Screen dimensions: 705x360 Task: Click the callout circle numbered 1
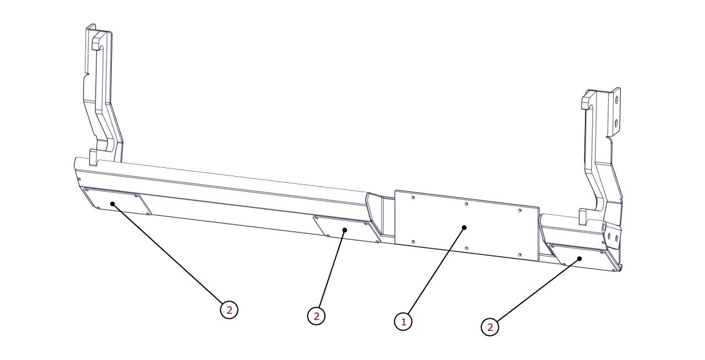point(403,321)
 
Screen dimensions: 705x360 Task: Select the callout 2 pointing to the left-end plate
point(229,310)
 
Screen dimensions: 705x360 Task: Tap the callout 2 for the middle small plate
point(316,315)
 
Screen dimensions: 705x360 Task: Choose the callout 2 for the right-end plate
point(490,328)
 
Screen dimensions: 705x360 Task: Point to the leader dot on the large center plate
point(464,227)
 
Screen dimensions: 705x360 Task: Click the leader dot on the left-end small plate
point(112,204)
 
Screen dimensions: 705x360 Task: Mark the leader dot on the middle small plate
point(345,230)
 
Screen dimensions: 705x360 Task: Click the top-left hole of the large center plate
point(413,198)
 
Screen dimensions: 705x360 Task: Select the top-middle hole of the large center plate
point(466,204)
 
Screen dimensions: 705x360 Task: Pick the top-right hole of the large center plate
point(519,210)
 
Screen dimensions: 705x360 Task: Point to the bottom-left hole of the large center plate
point(413,242)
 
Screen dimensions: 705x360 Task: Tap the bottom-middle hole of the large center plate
point(466,248)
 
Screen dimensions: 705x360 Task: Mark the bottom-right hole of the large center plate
point(519,254)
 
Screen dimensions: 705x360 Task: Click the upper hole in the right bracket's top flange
point(616,100)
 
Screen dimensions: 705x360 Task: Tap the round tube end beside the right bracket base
point(604,227)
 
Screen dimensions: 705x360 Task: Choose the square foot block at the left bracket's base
point(94,157)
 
